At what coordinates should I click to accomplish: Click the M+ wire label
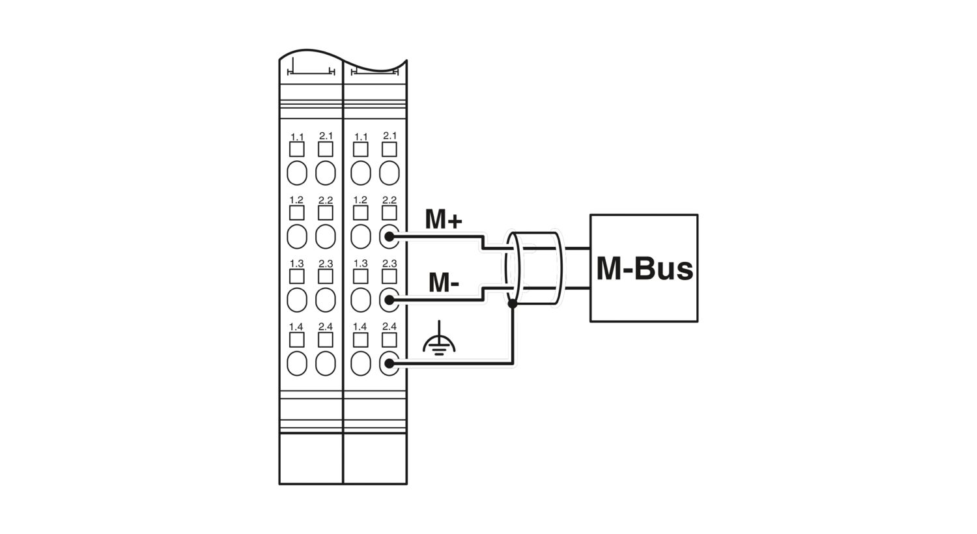coord(443,219)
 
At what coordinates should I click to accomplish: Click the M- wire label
coord(444,283)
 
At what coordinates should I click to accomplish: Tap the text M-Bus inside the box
coord(644,268)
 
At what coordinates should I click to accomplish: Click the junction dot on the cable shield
coord(513,304)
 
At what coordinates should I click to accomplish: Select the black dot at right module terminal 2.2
coord(389,236)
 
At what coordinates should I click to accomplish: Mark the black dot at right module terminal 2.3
coord(389,300)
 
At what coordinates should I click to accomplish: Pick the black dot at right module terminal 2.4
coord(389,363)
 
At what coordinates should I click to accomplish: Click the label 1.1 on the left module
coord(297,137)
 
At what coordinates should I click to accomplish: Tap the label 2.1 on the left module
coord(326,136)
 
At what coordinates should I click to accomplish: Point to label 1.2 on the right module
coord(360,200)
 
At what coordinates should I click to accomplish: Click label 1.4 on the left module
coord(296,326)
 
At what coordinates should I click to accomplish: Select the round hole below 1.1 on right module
coord(361,173)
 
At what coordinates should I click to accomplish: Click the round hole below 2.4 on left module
coord(326,363)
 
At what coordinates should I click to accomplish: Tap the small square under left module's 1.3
coord(296,276)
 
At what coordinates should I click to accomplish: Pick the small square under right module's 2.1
coord(389,150)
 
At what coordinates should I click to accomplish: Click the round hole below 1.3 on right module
coord(361,300)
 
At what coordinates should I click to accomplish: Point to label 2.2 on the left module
coord(326,200)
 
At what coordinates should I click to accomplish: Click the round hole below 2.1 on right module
coord(389,173)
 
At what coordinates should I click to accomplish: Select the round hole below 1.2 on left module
coord(297,236)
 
